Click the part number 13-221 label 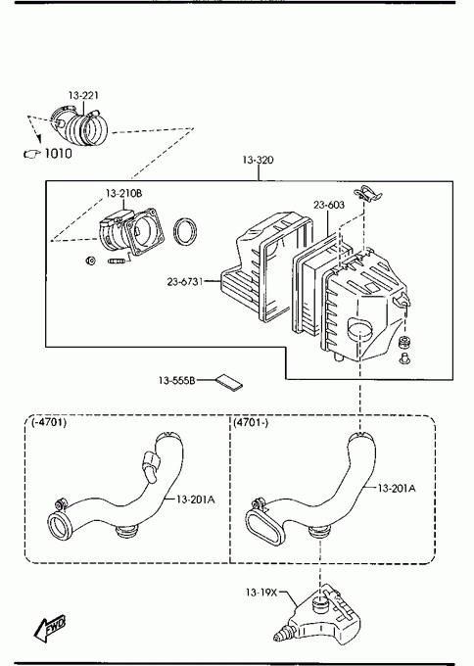pos(83,95)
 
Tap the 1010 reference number pos(58,154)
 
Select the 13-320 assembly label pos(259,160)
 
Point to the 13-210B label pos(124,194)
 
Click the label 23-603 pos(329,205)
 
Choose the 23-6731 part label pos(185,282)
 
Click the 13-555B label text pos(177,381)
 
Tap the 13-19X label pos(261,593)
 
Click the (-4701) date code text pos(49,423)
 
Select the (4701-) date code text pos(251,423)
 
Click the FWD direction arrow pos(50,628)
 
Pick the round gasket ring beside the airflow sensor pos(186,231)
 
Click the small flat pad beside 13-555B pos(229,382)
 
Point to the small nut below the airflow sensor pos(90,261)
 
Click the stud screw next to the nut pos(118,261)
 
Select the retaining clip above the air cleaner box pos(367,193)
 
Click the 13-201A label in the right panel pos(397,489)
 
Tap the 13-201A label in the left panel pos(196,499)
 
